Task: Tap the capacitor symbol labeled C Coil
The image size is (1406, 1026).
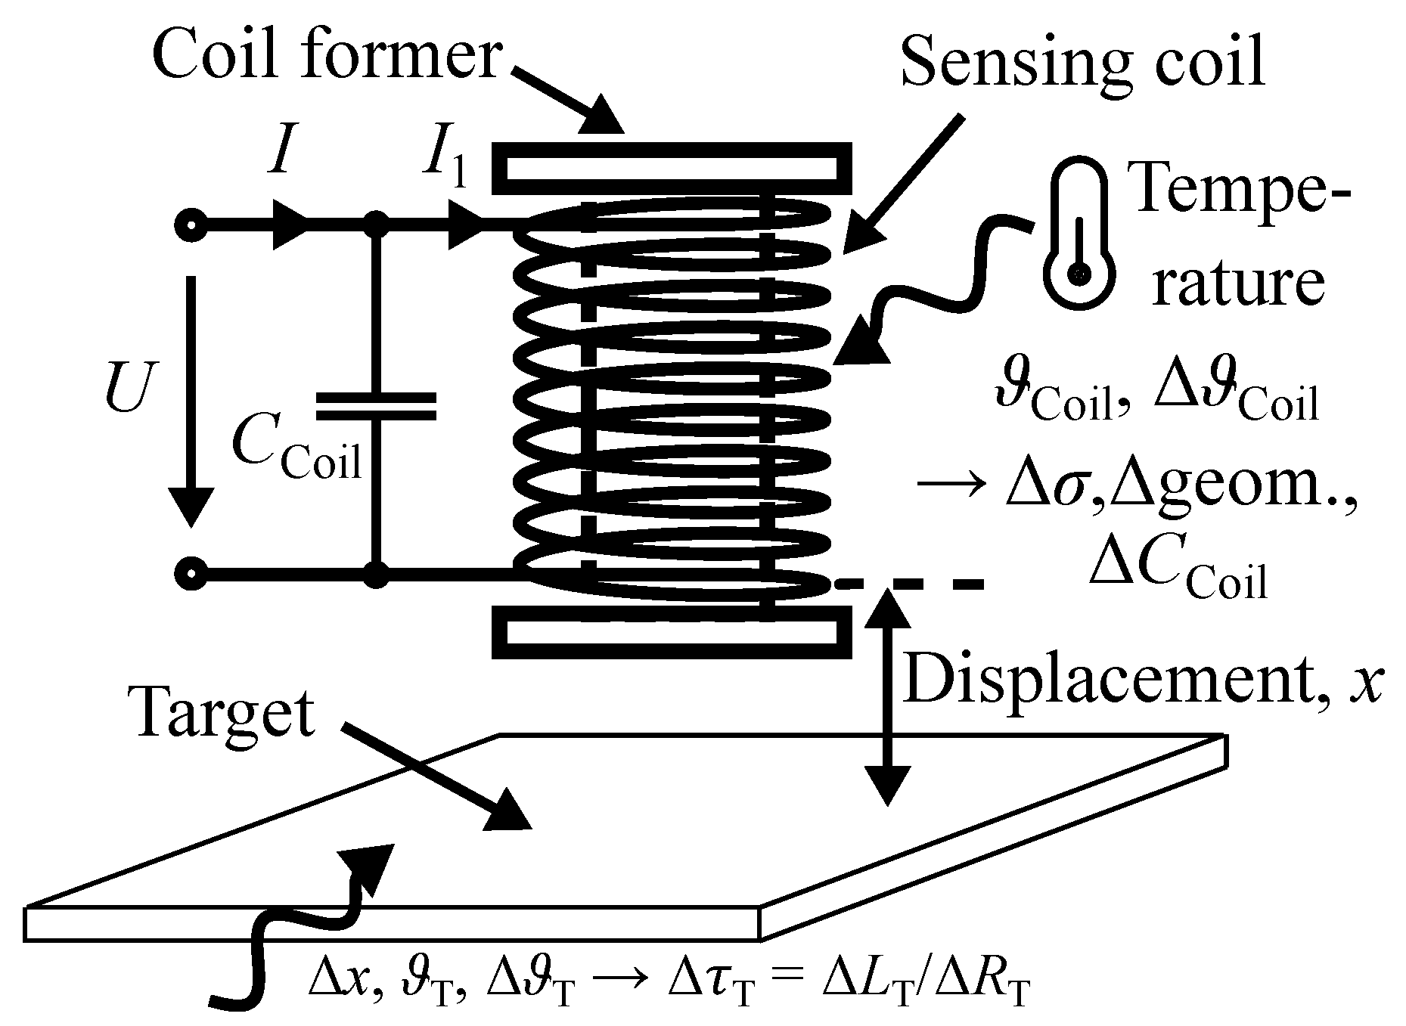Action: (x=376, y=407)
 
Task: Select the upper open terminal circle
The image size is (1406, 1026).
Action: (x=191, y=225)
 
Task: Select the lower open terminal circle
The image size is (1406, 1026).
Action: (x=191, y=574)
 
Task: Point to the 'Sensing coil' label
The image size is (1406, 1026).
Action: (x=1083, y=64)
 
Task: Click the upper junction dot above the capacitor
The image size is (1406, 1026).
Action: (x=376, y=225)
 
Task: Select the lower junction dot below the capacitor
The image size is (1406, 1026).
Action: (x=376, y=574)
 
